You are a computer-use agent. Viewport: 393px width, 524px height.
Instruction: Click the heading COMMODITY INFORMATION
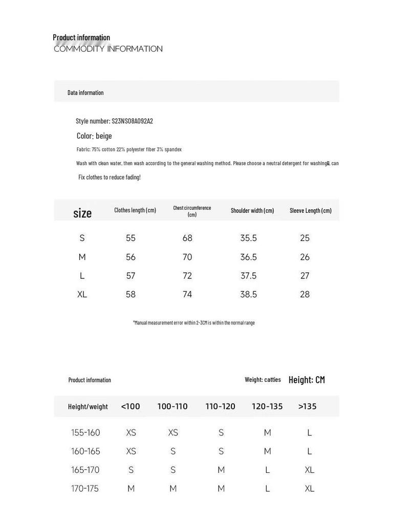[108, 49]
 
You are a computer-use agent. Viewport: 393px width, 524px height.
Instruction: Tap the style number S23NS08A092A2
[114, 121]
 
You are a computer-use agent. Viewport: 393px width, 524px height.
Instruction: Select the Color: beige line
[94, 136]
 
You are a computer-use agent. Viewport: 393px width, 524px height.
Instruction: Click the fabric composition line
[129, 149]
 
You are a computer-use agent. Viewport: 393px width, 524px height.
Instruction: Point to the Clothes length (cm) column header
[135, 210]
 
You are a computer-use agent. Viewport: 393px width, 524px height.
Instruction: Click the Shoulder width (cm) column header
[252, 210]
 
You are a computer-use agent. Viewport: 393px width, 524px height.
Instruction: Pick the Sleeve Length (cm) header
[311, 210]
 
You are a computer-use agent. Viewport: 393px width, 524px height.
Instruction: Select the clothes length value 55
[130, 238]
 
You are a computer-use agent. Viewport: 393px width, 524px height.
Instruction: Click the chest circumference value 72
[187, 276]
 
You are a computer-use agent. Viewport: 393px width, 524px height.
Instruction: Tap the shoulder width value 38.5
[249, 294]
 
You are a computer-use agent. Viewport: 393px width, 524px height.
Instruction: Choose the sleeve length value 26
[305, 257]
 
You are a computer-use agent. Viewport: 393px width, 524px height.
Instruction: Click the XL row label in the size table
[82, 294]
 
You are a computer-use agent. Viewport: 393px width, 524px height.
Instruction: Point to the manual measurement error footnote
[194, 323]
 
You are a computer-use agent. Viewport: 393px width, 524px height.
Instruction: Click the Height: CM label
[307, 380]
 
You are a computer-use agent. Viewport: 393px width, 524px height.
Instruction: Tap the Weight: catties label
[263, 380]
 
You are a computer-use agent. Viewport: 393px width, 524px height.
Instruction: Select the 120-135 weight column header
[267, 406]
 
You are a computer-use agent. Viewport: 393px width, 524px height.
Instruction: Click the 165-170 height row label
[85, 470]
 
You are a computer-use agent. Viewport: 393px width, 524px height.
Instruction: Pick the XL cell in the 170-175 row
[310, 489]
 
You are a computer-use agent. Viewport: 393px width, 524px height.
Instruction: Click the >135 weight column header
[308, 406]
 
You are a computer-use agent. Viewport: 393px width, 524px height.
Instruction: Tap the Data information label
[85, 93]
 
